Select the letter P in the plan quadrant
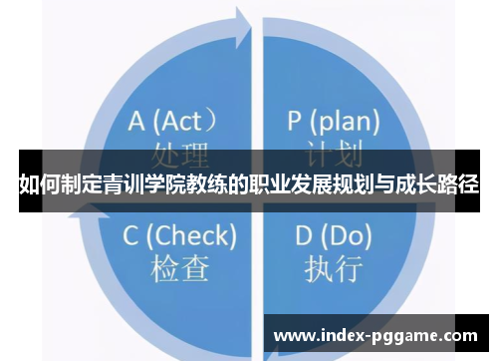295,122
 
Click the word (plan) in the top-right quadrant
345,123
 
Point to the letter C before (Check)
130,235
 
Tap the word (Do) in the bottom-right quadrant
348,236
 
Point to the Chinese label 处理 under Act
180,155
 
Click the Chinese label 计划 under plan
332,155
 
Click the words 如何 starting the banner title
40,184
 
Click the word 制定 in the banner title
82,184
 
